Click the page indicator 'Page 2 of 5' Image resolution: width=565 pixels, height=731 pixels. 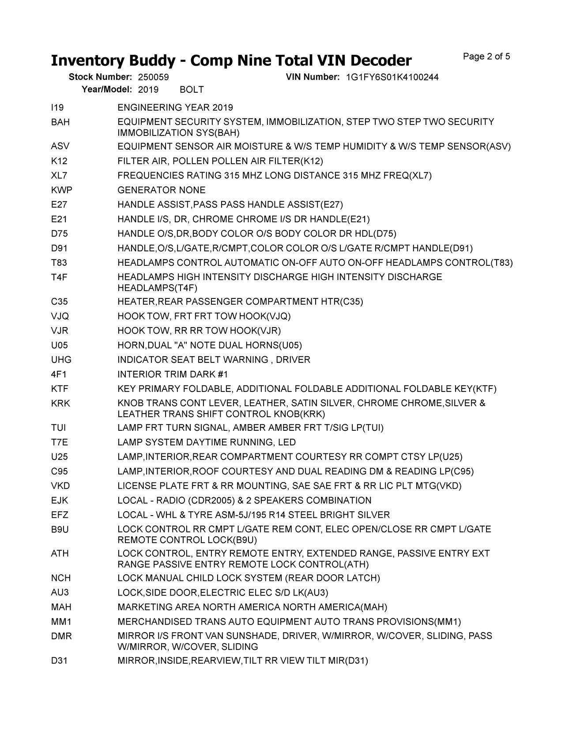coord(486,57)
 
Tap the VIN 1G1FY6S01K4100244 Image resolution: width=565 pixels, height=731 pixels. coord(392,77)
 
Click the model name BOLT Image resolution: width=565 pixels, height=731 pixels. coord(192,90)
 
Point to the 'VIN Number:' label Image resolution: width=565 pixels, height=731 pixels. coord(313,77)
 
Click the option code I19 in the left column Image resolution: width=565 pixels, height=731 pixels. coord(57,108)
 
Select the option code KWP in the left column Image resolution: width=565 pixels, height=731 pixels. coord(61,190)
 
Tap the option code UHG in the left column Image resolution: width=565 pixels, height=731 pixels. coord(61,360)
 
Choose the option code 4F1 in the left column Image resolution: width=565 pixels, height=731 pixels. coord(59,374)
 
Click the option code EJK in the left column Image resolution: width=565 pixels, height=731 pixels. coord(60,501)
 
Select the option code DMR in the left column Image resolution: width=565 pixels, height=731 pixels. coord(61,636)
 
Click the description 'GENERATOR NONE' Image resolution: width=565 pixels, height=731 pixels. coord(162,190)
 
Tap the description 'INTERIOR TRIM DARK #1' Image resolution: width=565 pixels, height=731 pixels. coord(173,374)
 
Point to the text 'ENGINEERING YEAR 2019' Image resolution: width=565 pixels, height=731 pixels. coord(175,108)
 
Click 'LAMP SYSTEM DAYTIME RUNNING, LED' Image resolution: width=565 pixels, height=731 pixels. coord(207,442)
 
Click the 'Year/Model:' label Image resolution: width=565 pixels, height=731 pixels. coord(107,90)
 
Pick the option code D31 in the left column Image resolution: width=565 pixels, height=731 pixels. coord(59,661)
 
